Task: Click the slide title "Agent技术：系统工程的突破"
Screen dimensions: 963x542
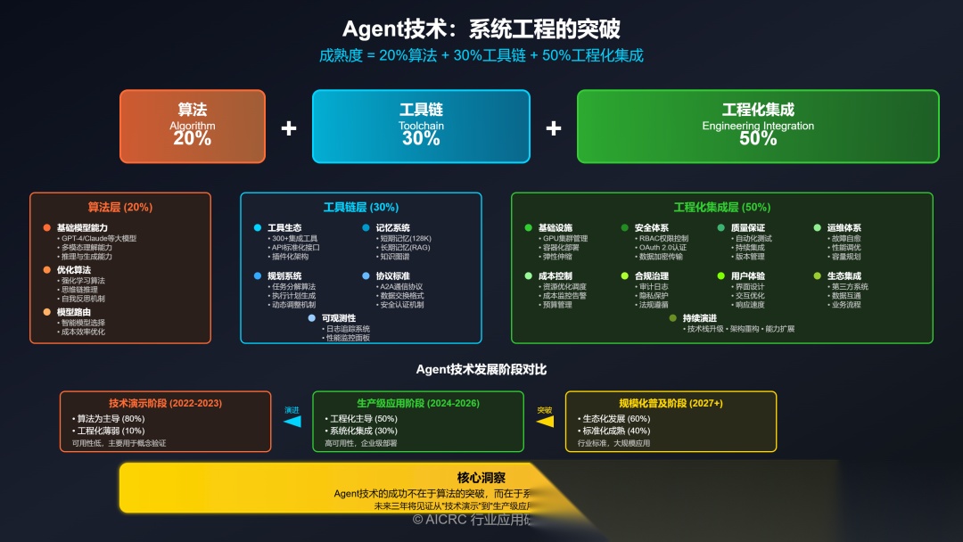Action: (481, 29)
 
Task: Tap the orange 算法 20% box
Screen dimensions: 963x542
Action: (193, 126)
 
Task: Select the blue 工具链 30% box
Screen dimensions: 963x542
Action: (421, 126)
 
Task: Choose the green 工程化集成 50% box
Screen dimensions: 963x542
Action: (758, 126)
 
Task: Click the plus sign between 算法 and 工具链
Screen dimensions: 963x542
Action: (288, 128)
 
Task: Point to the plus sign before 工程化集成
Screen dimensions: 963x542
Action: (554, 128)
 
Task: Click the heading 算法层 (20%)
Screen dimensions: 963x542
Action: (120, 207)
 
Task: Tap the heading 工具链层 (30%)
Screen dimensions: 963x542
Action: (361, 207)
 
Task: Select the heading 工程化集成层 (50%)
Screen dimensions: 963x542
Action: (722, 207)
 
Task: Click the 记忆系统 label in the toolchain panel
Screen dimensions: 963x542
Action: (393, 228)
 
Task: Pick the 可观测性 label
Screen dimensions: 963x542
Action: (339, 318)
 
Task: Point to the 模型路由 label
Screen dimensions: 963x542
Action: (76, 312)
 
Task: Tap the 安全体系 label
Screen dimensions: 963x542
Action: (652, 228)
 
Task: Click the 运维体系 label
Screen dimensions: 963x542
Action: (844, 228)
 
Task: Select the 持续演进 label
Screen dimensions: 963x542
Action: (700, 318)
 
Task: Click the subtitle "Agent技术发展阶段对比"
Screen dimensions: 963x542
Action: (481, 369)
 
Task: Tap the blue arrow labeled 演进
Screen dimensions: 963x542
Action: (292, 422)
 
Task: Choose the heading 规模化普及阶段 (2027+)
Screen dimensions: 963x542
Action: (671, 403)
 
